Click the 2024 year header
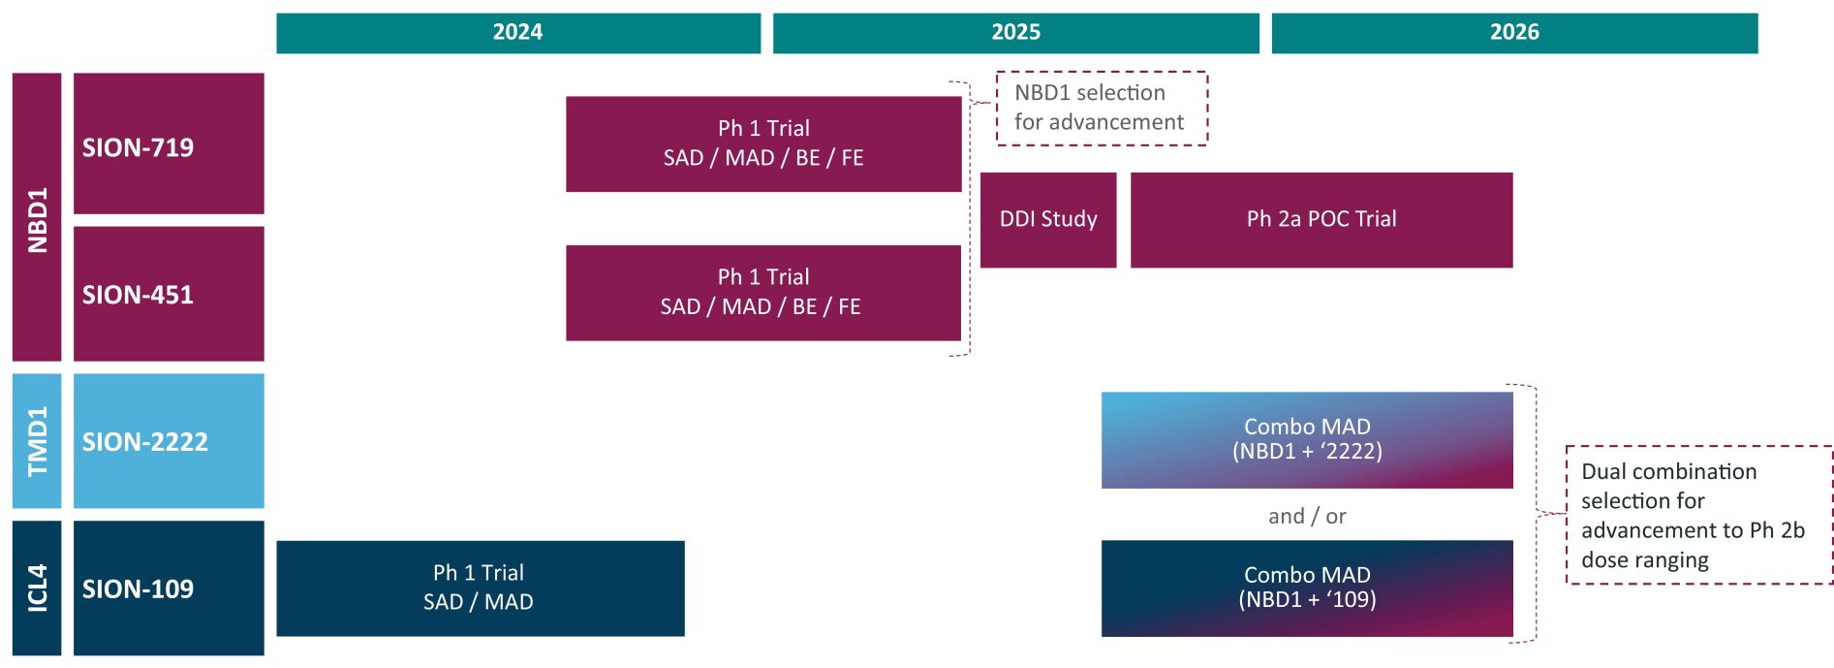518,33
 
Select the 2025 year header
1016,33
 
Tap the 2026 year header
1514,33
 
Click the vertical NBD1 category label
37,217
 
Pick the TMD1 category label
37,441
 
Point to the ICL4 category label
37,588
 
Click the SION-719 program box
169,143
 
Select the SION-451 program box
169,294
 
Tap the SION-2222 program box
169,441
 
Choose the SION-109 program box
169,588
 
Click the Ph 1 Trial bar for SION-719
763,143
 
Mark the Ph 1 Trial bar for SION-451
763,293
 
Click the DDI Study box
1048,220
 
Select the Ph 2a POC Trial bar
1321,220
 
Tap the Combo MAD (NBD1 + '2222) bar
1307,440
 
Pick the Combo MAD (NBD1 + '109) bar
1307,588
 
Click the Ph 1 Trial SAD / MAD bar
481,588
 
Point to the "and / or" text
1307,516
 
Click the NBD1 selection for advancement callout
1103,109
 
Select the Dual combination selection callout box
1699,515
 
